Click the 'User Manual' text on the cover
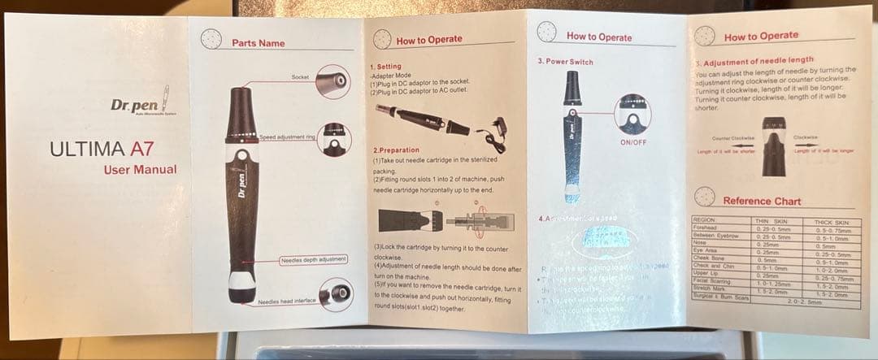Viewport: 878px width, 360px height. [140, 169]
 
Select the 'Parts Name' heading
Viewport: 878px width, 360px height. [258, 43]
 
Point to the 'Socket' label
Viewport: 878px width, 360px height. [300, 76]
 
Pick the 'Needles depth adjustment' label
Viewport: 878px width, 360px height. [313, 259]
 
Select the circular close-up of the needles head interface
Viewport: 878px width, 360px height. [334, 294]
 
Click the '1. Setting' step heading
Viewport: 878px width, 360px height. [385, 67]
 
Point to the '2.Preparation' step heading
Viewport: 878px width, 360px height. [396, 150]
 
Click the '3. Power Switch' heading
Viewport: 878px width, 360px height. [565, 62]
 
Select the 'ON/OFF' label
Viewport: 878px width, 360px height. [632, 142]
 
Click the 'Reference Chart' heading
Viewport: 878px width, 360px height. [762, 201]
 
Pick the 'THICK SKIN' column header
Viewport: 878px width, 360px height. [830, 221]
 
